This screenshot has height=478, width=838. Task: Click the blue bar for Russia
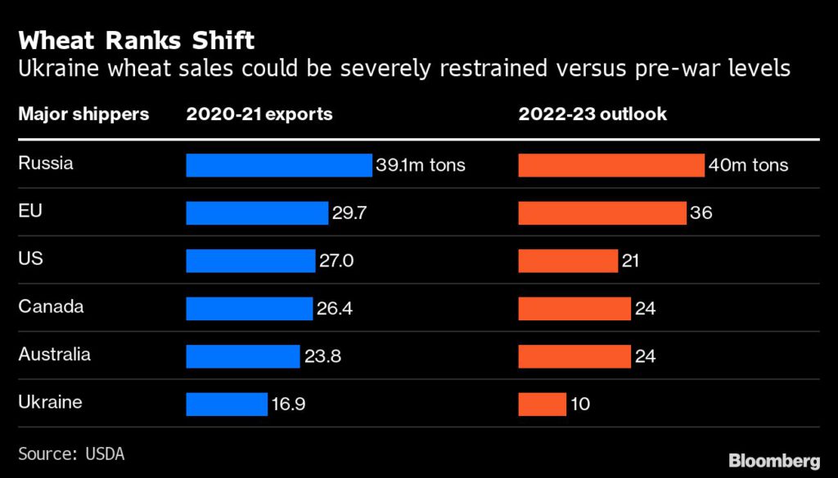[279, 165]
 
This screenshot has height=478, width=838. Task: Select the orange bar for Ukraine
[542, 404]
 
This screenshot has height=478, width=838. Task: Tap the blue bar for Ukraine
[227, 404]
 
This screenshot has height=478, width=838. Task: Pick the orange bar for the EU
[602, 212]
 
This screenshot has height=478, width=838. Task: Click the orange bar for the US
[568, 261]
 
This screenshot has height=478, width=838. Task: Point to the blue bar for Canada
[250, 308]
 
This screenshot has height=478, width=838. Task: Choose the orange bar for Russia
[611, 165]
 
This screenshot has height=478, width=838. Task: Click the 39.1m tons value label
[421, 165]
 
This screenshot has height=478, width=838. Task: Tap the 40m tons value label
[749, 165]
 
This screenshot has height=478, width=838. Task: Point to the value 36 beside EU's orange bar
[701, 213]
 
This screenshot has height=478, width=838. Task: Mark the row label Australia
[54, 355]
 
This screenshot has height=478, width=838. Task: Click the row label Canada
[51, 307]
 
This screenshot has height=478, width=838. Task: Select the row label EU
[29, 211]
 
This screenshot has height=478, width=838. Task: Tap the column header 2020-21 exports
[259, 114]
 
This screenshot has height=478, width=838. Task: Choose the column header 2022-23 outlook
[592, 114]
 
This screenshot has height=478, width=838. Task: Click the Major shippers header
[83, 114]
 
